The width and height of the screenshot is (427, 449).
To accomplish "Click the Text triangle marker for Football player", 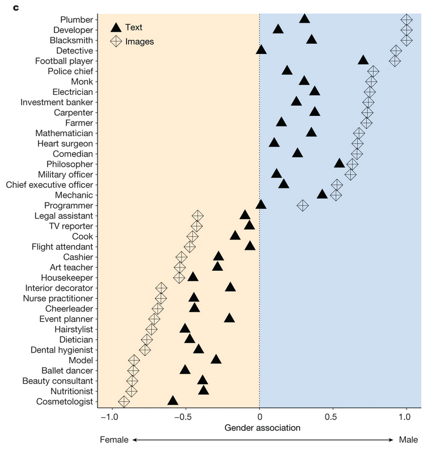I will (363, 60).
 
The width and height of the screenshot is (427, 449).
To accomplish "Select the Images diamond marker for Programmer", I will (303, 205).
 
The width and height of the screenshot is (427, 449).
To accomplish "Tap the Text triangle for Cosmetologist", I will (173, 401).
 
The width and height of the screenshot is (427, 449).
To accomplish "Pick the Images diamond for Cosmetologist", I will (124, 402).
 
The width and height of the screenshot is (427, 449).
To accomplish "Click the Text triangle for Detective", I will (261, 50).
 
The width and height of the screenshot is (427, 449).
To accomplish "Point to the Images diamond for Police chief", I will (373, 71).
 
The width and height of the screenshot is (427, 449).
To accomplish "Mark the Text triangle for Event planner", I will (229, 318).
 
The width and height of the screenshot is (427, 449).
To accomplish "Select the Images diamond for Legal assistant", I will (197, 216).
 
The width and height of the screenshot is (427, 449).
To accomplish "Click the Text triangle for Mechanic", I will (322, 194).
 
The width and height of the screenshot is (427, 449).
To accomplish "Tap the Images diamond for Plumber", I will (406, 19).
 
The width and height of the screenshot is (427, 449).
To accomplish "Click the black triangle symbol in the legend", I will (116, 27).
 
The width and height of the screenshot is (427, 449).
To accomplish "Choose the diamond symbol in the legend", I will (116, 41).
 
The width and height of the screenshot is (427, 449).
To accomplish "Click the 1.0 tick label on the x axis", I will (404, 417).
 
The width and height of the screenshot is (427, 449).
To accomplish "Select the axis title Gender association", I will (263, 427).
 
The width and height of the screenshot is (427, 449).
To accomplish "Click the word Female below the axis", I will (114, 439).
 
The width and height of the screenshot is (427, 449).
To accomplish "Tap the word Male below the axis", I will (408, 439).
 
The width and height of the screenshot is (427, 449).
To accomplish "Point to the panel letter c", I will (9, 6).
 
